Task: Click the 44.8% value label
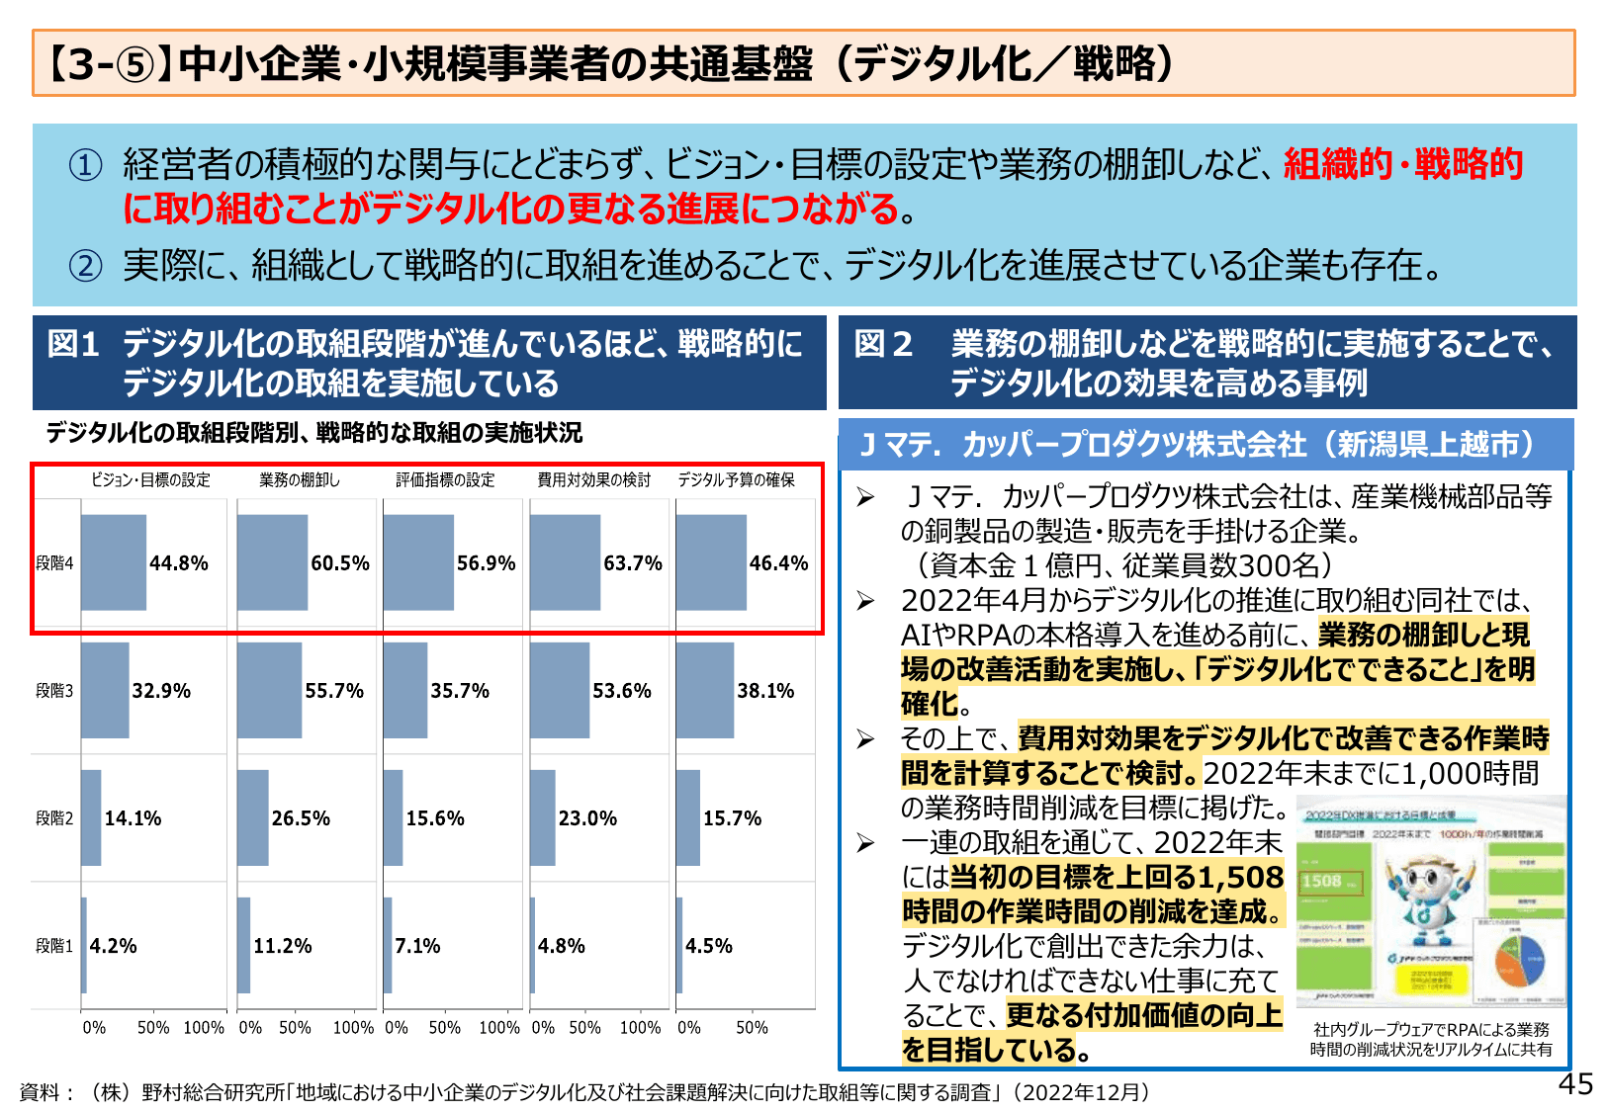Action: coord(178,563)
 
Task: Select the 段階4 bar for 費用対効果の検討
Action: coord(565,562)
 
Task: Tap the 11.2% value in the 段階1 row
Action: coord(282,946)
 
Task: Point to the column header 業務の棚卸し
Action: coord(299,480)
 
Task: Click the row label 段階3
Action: coord(54,691)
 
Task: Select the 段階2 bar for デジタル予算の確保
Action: coord(688,818)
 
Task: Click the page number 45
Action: coord(1575,1084)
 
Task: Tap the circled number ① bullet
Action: coord(85,165)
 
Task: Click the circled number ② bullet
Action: coord(85,265)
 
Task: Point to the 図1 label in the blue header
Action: coord(74,344)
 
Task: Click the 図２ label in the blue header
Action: coord(882,344)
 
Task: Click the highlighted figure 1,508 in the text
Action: coord(1240,877)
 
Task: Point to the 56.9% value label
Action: coord(486,563)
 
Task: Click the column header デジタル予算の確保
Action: coord(736,480)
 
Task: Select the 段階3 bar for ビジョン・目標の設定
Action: coord(105,691)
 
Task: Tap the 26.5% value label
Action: coord(301,818)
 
